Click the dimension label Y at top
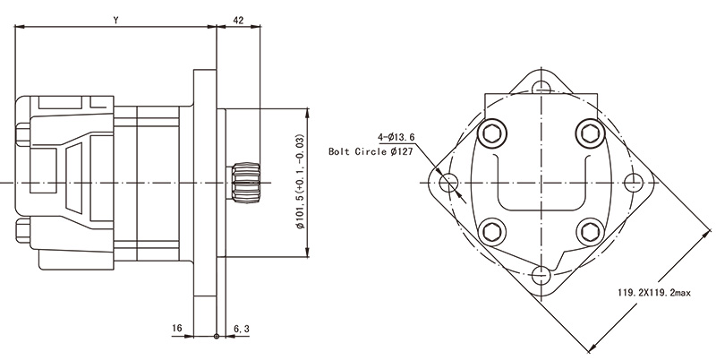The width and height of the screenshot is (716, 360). tap(116, 19)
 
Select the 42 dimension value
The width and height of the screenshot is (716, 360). tap(238, 19)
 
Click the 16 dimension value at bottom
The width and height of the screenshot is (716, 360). tap(176, 329)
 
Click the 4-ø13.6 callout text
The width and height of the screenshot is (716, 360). tap(396, 137)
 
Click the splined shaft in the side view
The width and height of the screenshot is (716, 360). tap(244, 183)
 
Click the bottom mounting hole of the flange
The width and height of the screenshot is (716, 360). tap(540, 275)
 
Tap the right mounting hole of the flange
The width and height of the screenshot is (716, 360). tap(635, 183)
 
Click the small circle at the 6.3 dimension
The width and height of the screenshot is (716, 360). tap(217, 337)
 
